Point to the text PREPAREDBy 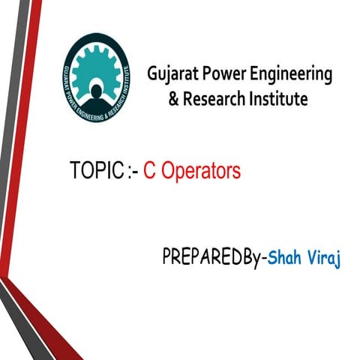tap(214, 259)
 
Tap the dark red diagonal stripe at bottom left tap(45, 315)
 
